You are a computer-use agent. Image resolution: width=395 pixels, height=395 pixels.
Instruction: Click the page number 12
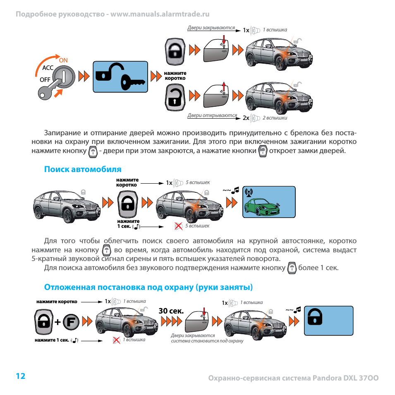pyautogui.click(x=21, y=376)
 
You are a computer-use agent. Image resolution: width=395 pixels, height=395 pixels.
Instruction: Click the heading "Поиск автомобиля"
pyautogui.click(x=83, y=169)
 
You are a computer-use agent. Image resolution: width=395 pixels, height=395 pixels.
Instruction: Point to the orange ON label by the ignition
pyautogui.click(x=63, y=60)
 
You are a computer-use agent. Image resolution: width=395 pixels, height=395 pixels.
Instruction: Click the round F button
pyautogui.click(x=71, y=322)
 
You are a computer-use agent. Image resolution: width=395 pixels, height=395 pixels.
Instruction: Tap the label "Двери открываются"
pyautogui.click(x=212, y=116)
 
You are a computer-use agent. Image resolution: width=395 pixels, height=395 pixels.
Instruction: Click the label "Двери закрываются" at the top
pyautogui.click(x=211, y=28)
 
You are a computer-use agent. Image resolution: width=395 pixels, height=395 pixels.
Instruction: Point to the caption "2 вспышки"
pyautogui.click(x=275, y=118)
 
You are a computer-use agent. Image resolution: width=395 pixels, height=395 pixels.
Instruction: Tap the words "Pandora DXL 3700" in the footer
pyautogui.click(x=345, y=378)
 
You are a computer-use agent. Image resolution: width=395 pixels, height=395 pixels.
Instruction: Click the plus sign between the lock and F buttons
pyautogui.click(x=57, y=322)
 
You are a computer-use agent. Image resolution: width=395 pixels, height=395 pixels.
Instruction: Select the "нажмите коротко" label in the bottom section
pyautogui.click(x=57, y=302)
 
